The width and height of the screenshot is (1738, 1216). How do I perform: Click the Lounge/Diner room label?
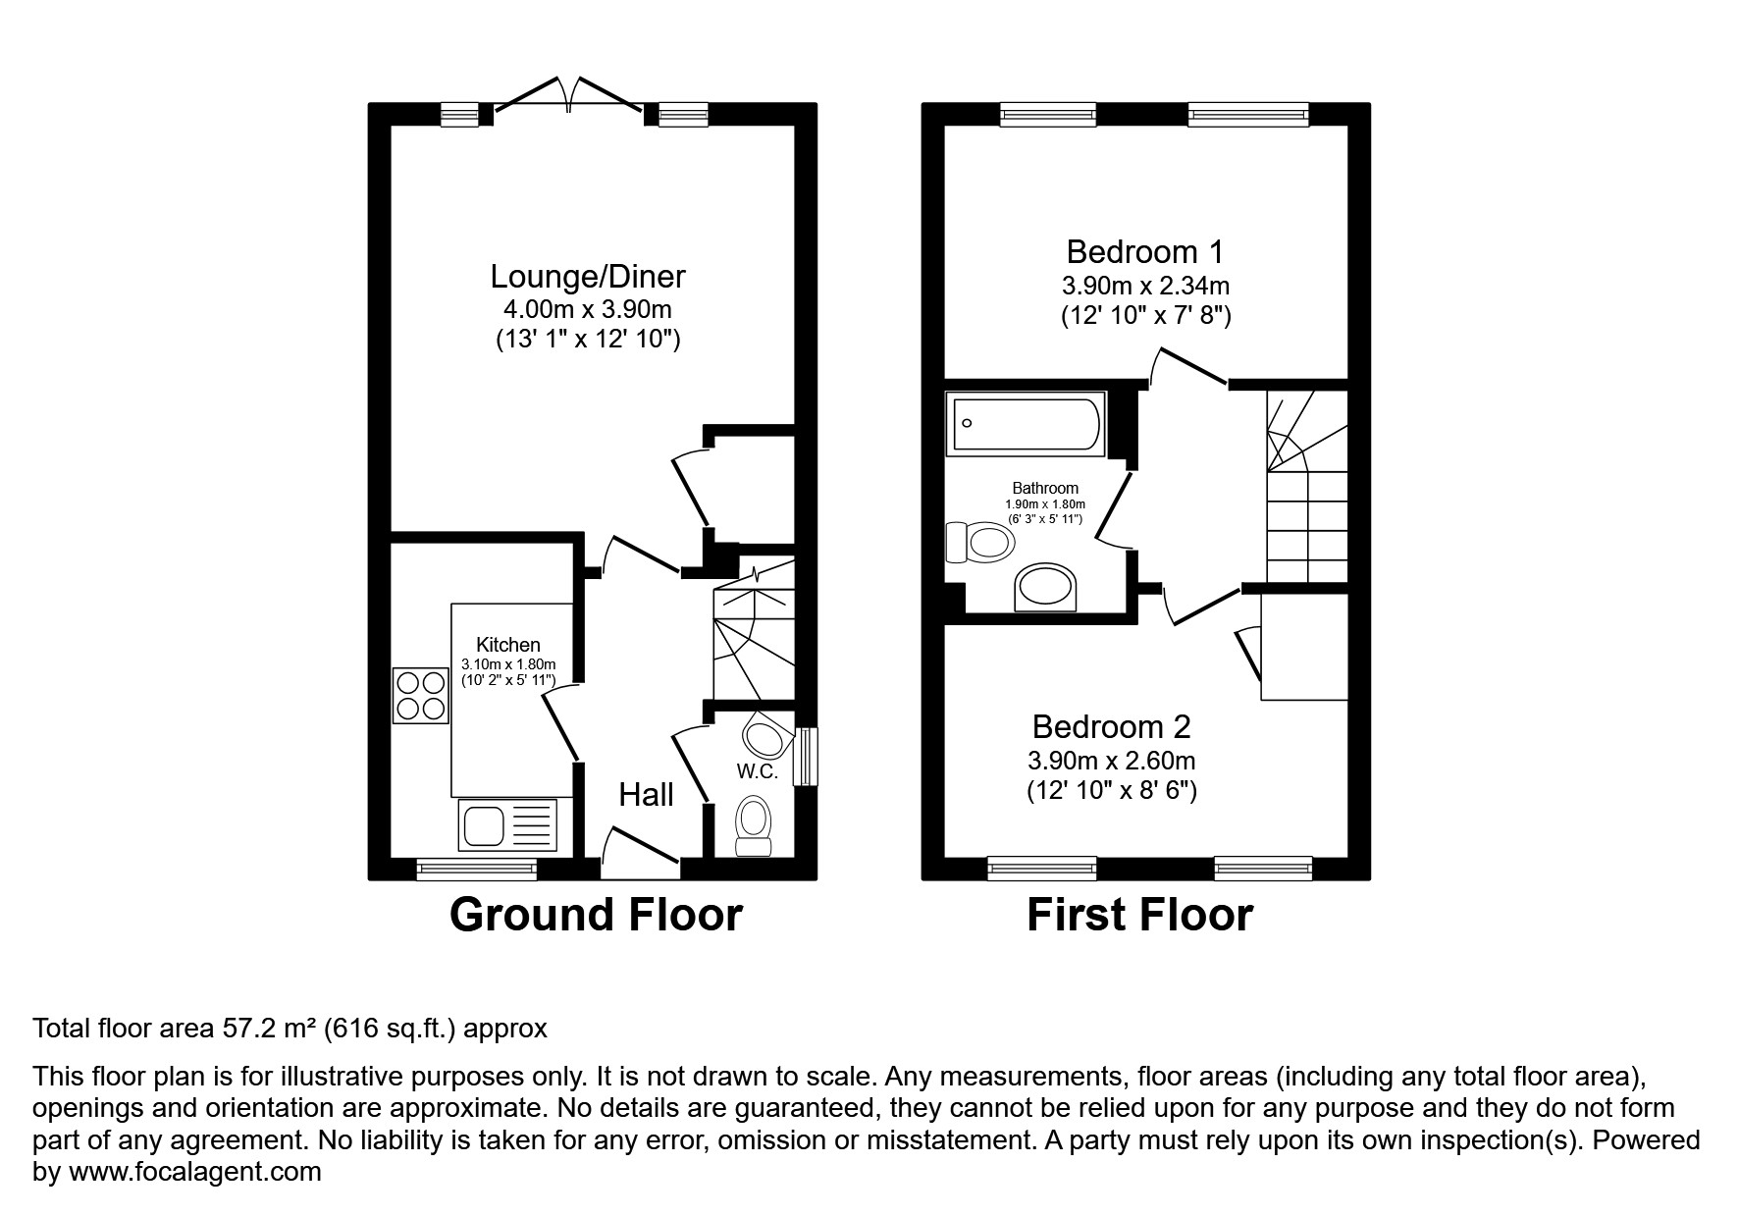(x=587, y=276)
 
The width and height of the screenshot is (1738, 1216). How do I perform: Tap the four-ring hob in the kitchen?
(x=421, y=695)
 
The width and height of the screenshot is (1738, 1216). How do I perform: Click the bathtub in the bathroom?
(x=1026, y=423)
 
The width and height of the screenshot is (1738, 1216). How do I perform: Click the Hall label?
(x=646, y=794)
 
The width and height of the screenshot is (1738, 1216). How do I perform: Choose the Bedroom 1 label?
(x=1144, y=252)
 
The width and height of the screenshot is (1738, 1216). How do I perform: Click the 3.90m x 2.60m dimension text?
(x=1111, y=761)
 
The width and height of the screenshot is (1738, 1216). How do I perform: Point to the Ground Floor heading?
(x=596, y=915)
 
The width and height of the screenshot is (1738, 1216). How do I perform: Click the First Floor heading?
(x=1139, y=915)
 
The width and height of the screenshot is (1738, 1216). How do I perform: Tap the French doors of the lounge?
(x=568, y=98)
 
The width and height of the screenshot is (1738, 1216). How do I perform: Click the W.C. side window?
(x=806, y=756)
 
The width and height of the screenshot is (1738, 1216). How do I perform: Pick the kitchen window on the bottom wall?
(x=477, y=869)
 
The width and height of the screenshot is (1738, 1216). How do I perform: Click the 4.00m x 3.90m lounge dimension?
(x=587, y=310)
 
